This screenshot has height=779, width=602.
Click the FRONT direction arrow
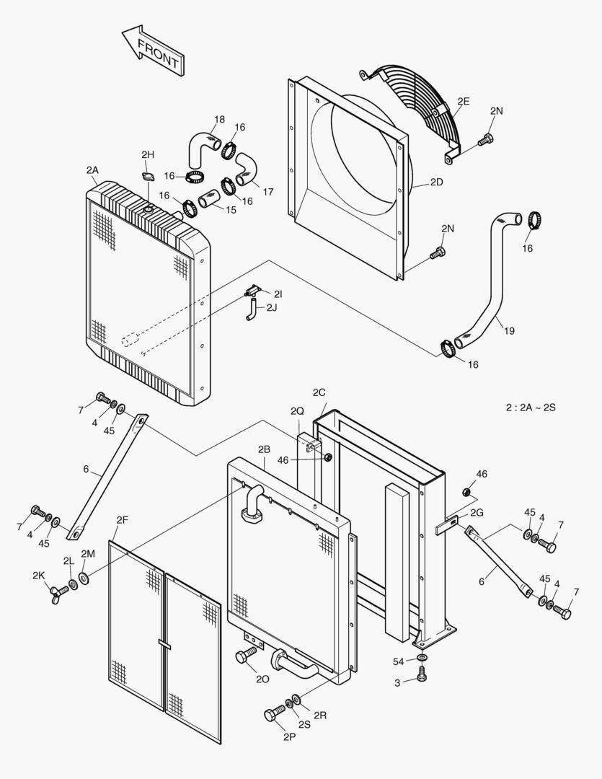coord(154,51)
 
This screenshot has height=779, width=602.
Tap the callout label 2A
coord(92,170)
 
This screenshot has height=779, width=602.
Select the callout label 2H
coord(147,154)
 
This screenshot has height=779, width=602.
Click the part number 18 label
coord(219,119)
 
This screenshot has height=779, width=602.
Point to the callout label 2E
coord(462,102)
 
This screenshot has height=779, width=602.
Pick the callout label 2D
coord(436,182)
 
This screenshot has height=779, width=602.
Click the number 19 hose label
coord(509,331)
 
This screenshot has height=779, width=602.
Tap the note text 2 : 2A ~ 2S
coord(531,408)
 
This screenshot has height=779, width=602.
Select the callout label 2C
coord(319,392)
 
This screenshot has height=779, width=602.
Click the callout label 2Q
coord(297,410)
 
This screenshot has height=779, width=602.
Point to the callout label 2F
coord(123,519)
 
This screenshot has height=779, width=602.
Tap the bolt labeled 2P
coord(273,715)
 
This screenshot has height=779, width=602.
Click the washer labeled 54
coord(422,658)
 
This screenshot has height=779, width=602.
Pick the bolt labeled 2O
coord(244,656)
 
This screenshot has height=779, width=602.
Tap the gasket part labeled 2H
coord(148,177)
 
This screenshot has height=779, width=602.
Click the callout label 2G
coord(476,512)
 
